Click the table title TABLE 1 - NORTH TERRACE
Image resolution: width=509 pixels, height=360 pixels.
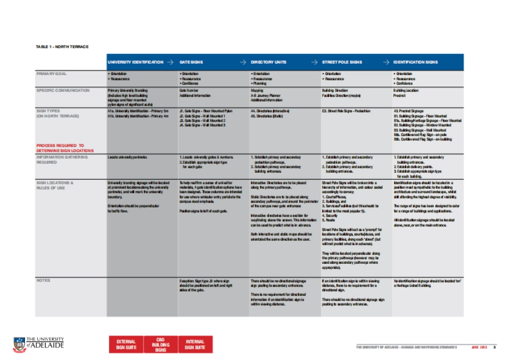click(62, 47)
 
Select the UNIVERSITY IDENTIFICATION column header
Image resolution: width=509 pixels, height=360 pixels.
click(135, 62)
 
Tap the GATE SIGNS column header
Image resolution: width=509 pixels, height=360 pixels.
click(191, 62)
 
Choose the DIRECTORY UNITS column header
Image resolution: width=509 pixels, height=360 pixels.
click(268, 62)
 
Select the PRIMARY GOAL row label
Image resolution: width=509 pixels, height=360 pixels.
click(51, 74)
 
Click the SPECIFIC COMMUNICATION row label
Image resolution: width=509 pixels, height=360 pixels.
click(63, 90)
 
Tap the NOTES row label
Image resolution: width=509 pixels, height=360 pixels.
click(43, 280)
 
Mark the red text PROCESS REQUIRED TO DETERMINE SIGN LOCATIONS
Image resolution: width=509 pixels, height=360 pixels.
click(65, 148)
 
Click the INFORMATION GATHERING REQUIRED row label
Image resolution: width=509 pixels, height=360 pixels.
click(62, 159)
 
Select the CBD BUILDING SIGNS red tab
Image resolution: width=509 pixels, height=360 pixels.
click(160, 345)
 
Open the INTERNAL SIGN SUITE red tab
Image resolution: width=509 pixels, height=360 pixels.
click(195, 345)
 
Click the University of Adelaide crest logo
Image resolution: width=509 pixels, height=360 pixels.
click(20, 345)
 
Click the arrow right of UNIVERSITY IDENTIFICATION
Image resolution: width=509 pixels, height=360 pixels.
click(170, 62)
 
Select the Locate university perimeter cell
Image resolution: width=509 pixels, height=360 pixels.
click(128, 157)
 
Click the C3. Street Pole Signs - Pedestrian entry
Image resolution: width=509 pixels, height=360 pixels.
click(346, 111)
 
